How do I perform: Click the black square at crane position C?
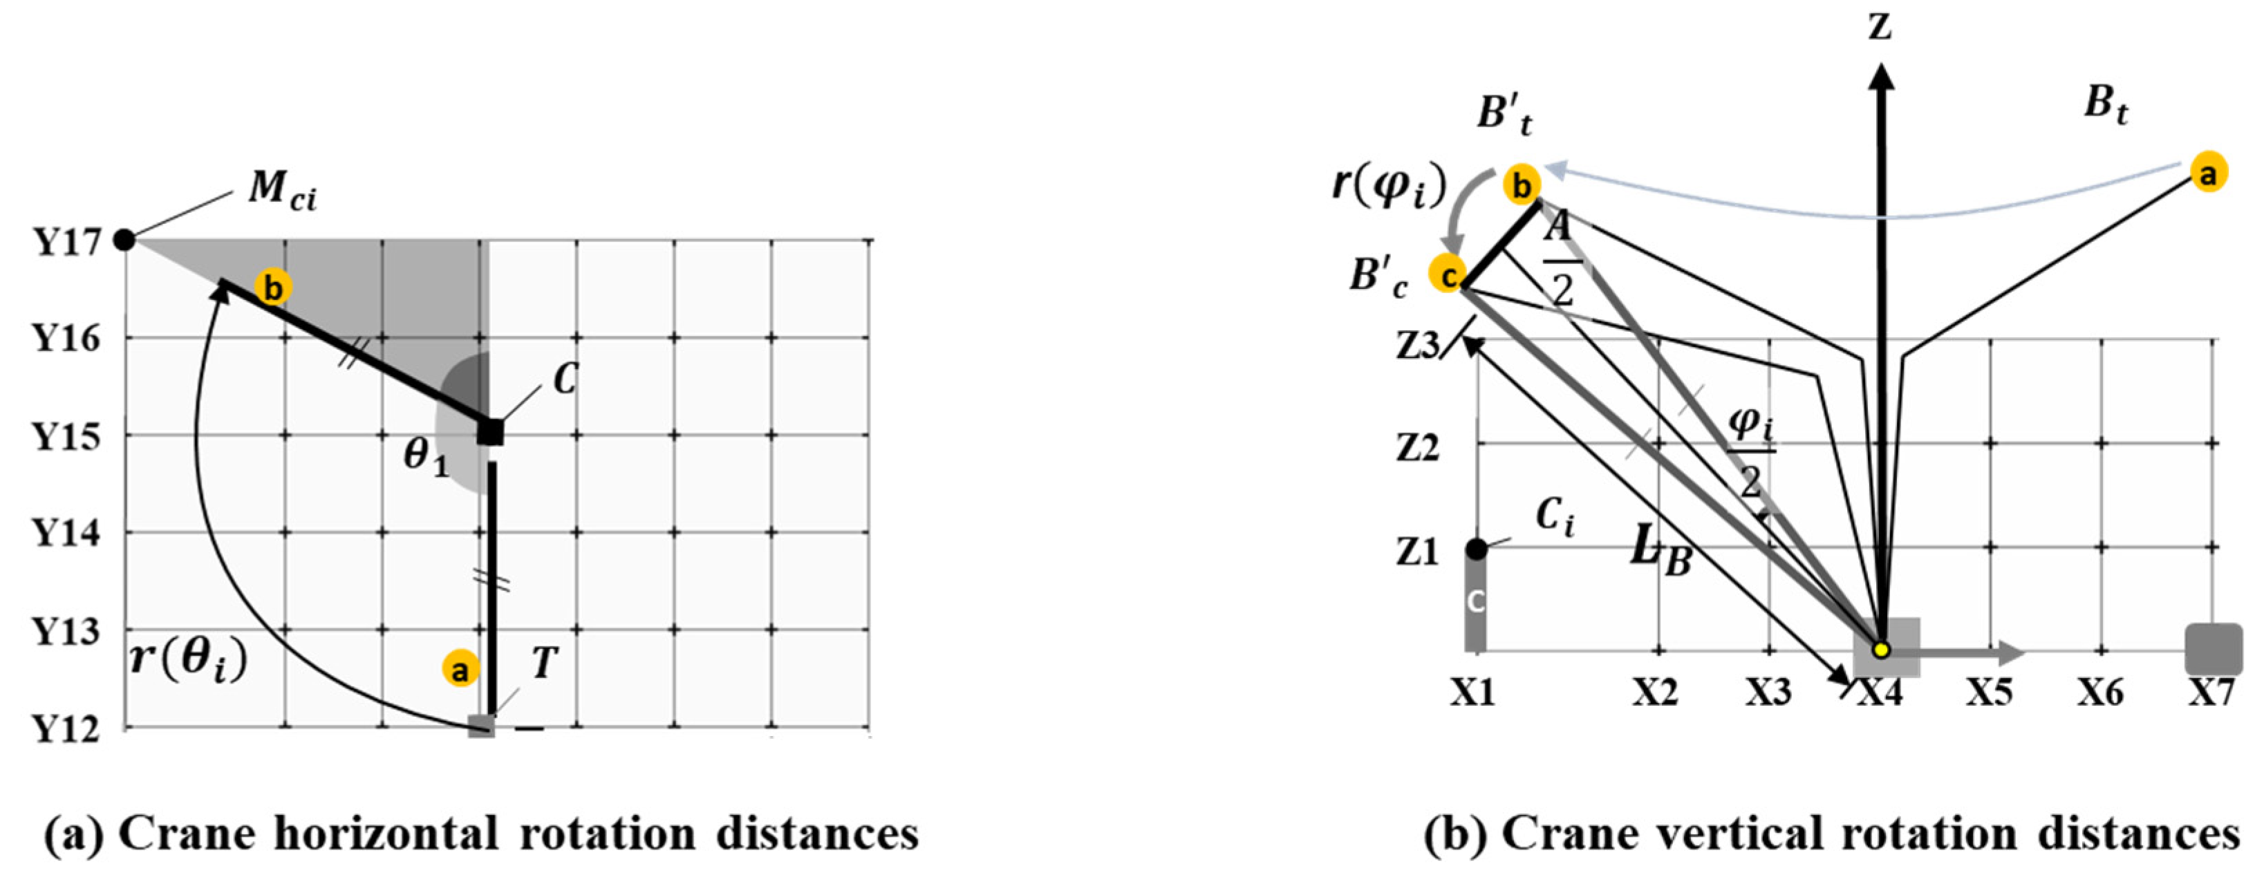coord(490,431)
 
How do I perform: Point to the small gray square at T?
coord(480,726)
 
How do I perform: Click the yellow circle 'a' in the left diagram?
coord(460,670)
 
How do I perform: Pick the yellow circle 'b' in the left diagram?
coord(273,287)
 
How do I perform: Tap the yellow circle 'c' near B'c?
coord(1448,276)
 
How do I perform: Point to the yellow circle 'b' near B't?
coord(1522,185)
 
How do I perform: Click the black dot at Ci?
coord(1477,549)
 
